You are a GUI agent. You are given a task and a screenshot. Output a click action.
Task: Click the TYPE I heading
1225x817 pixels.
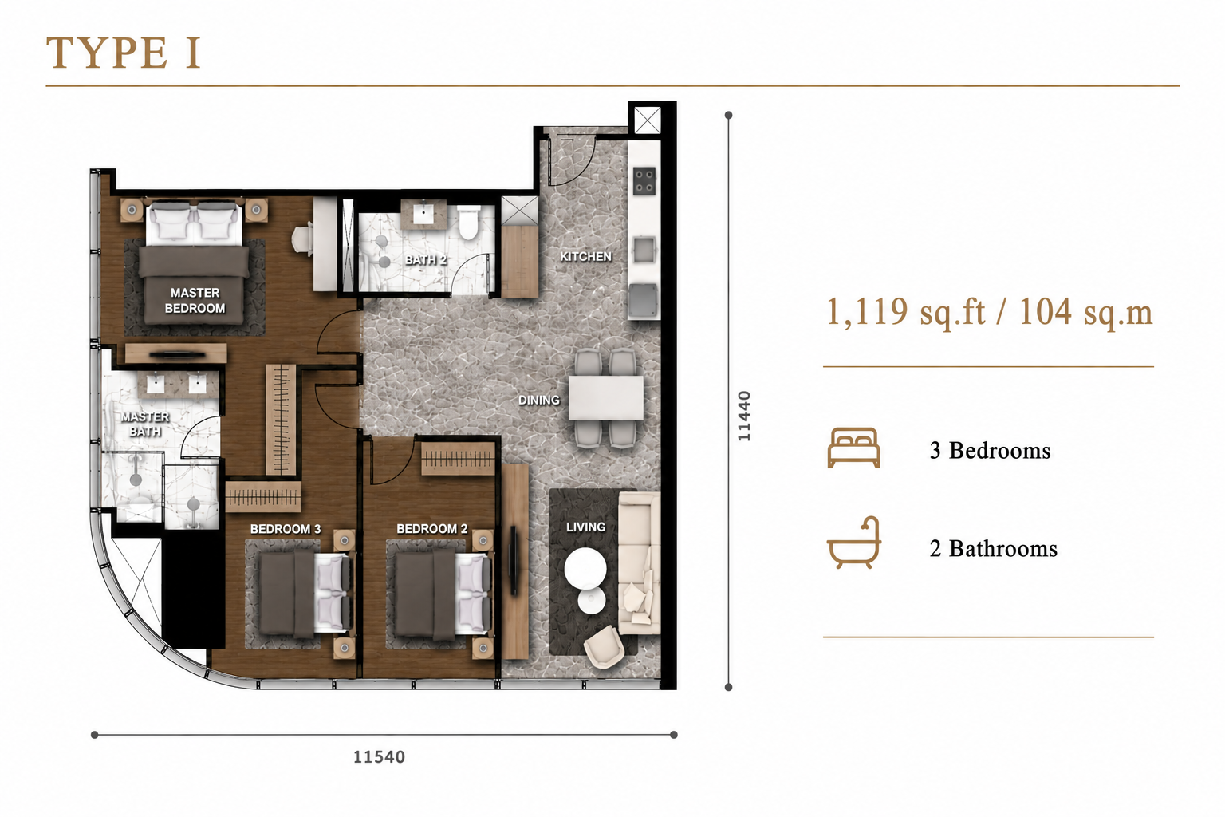click(124, 53)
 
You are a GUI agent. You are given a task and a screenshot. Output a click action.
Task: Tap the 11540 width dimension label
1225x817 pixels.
click(379, 757)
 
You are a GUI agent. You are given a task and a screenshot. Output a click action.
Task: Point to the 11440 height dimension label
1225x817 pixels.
click(744, 416)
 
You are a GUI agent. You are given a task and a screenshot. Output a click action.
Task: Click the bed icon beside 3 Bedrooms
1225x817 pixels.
click(853, 448)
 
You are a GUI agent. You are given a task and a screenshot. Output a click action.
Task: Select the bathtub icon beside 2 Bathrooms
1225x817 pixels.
click(853, 543)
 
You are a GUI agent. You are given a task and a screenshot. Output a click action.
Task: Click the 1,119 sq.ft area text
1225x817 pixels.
click(906, 313)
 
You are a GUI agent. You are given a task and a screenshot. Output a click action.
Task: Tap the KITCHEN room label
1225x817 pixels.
click(585, 256)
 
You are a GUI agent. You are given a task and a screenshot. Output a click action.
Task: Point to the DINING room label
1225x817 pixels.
click(538, 400)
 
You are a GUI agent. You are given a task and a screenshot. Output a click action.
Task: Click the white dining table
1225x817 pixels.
click(606, 398)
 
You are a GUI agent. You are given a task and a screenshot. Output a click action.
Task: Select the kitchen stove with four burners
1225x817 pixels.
click(644, 181)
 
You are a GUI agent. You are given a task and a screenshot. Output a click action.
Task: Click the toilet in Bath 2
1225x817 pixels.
click(469, 223)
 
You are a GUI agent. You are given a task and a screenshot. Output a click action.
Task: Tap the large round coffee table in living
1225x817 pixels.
click(585, 567)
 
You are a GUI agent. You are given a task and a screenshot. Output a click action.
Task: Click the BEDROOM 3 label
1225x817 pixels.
click(286, 529)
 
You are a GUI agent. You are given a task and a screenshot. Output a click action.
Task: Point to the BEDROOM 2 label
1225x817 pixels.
click(432, 529)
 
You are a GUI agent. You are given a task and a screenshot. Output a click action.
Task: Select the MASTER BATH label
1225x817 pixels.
click(145, 424)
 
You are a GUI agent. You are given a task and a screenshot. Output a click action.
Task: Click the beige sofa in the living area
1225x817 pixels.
click(639, 562)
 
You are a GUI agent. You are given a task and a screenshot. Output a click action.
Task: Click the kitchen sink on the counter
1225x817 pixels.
click(644, 251)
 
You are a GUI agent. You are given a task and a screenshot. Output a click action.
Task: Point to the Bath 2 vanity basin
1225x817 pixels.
click(423, 214)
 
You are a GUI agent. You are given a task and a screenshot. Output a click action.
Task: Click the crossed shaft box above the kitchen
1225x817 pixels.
click(648, 120)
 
